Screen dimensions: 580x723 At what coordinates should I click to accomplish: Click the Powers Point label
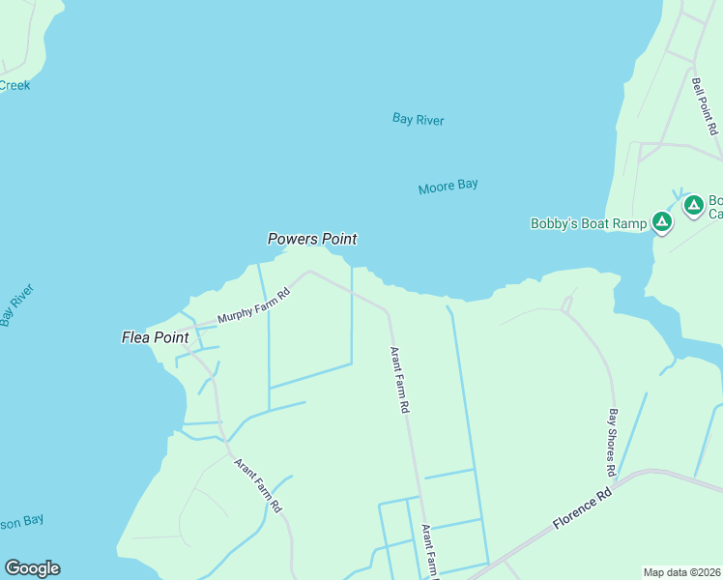(x=312, y=239)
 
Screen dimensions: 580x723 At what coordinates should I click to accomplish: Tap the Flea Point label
(x=155, y=337)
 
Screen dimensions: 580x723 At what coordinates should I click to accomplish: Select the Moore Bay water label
(x=448, y=187)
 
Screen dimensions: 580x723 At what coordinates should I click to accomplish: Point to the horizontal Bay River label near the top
(x=418, y=120)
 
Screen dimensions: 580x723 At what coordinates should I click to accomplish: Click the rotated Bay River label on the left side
(x=17, y=305)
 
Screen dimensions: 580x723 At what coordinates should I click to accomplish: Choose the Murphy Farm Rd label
(x=253, y=307)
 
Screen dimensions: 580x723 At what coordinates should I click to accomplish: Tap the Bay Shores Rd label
(x=612, y=442)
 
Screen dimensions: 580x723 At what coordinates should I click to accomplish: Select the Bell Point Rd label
(x=705, y=101)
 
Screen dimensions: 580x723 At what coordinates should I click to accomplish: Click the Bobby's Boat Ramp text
(x=588, y=223)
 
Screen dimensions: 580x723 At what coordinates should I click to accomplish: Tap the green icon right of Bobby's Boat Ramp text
(x=661, y=223)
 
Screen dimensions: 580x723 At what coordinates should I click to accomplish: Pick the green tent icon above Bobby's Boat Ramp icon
(x=693, y=205)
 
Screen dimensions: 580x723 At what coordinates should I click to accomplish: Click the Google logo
(x=32, y=568)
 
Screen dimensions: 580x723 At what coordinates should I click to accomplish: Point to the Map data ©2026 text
(x=682, y=572)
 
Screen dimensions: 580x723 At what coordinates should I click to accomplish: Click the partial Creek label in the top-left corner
(x=14, y=85)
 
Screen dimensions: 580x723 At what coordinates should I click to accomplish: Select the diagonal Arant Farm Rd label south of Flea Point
(x=258, y=485)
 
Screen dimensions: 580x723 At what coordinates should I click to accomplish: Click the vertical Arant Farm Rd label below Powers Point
(x=399, y=380)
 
